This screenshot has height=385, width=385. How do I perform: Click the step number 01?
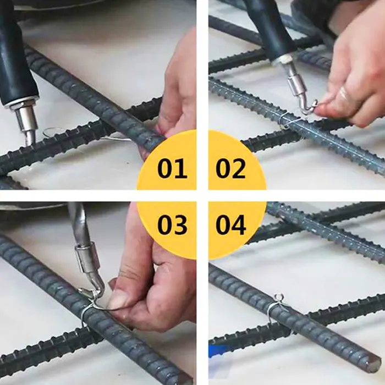pyautogui.click(x=172, y=168)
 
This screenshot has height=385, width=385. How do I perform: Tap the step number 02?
pyautogui.click(x=230, y=168)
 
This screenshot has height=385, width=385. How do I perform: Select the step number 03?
pyautogui.click(x=172, y=224)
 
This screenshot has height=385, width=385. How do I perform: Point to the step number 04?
pyautogui.click(x=230, y=224)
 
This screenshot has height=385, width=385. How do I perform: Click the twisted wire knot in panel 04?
pyautogui.click(x=278, y=298)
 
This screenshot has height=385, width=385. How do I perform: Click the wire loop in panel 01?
pyautogui.click(x=53, y=132)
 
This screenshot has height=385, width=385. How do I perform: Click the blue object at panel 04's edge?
pyautogui.click(x=218, y=351)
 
